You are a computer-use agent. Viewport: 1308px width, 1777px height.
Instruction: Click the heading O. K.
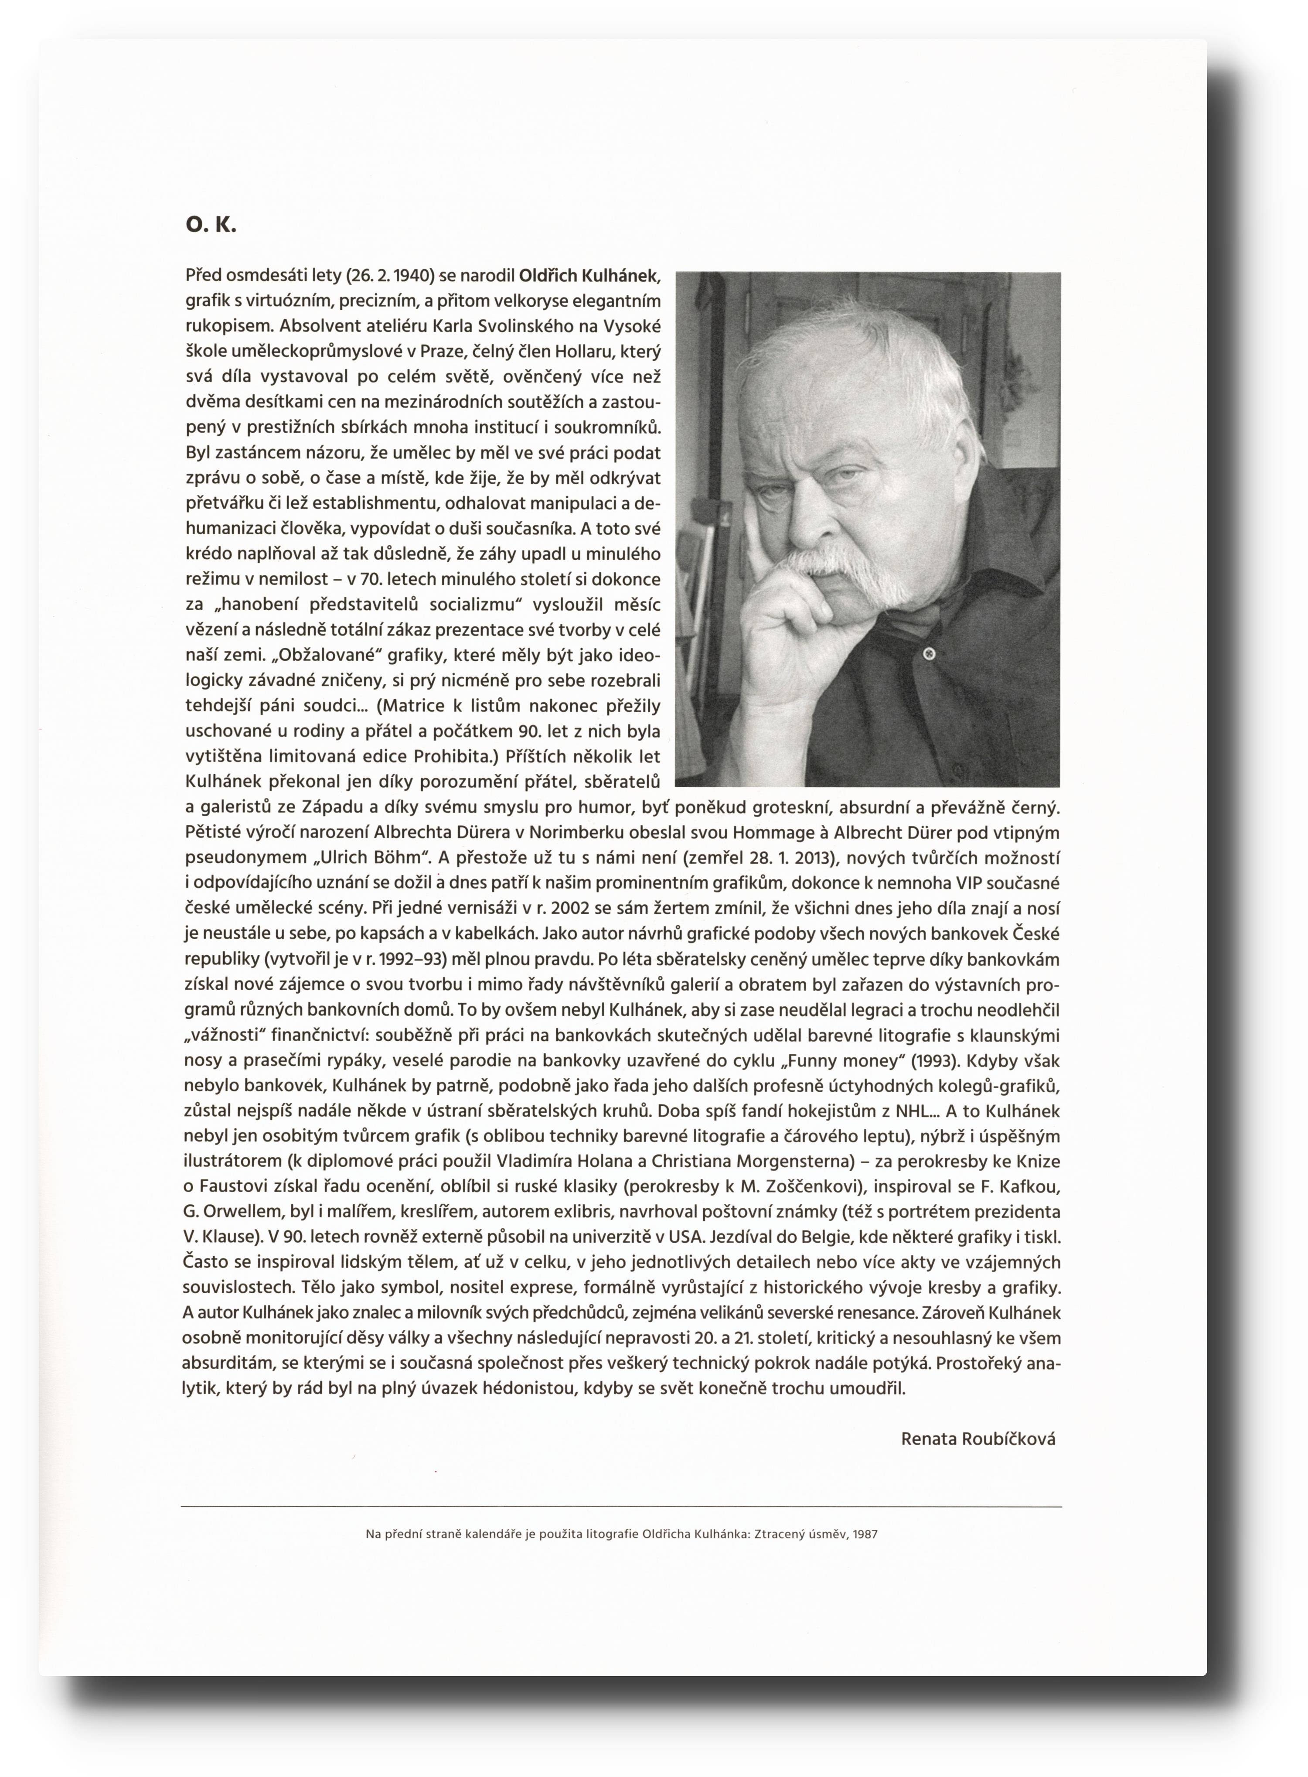211,226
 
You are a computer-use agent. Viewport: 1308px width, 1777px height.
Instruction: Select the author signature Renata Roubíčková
978,1439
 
